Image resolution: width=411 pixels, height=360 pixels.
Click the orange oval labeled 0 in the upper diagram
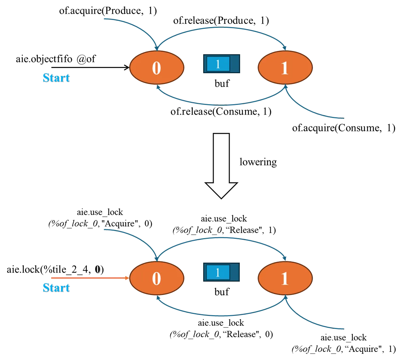(x=157, y=68)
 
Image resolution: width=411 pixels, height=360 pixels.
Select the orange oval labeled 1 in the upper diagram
(x=285, y=68)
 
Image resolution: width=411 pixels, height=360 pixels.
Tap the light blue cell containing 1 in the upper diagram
(x=218, y=64)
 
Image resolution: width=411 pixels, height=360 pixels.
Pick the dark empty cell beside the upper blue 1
(x=235, y=64)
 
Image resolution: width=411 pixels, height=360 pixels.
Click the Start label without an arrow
(x=56, y=78)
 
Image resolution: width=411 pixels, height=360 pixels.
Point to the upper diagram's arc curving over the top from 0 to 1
(x=222, y=28)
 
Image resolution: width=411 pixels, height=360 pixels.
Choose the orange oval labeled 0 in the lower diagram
(x=157, y=278)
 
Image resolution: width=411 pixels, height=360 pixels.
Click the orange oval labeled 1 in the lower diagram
(x=285, y=278)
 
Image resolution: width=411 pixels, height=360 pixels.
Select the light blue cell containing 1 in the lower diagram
(x=218, y=272)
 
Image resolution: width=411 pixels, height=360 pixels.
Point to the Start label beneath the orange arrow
(x=56, y=288)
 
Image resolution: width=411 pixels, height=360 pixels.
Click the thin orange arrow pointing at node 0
(x=88, y=278)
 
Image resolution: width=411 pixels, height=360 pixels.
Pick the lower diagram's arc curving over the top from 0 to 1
(x=222, y=238)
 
